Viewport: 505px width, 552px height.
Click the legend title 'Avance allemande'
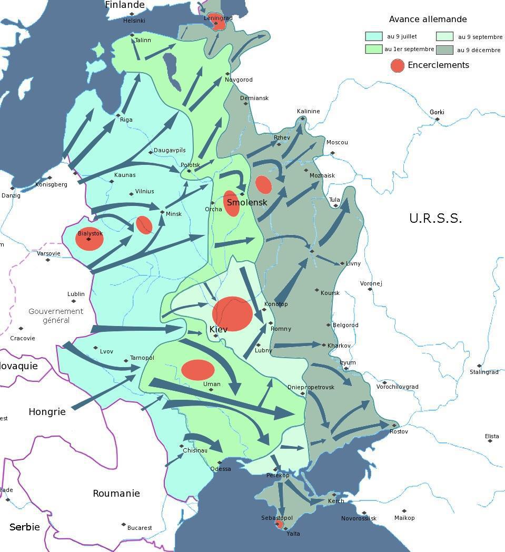pyautogui.click(x=428, y=19)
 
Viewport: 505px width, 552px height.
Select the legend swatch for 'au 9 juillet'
pyautogui.click(x=373, y=36)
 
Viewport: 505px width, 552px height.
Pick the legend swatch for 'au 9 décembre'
pyautogui.click(x=444, y=50)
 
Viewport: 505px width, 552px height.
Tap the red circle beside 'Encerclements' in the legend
pyautogui.click(x=397, y=65)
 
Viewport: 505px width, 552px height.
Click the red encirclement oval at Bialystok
pyautogui.click(x=89, y=239)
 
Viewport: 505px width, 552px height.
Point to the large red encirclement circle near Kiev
pyautogui.click(x=232, y=313)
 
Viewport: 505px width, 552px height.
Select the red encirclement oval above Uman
pyautogui.click(x=197, y=370)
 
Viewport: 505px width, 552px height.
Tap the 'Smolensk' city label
pyautogui.click(x=247, y=202)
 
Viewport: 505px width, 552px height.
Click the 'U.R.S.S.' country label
pyautogui.click(x=435, y=219)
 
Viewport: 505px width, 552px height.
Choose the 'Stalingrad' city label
pyautogui.click(x=484, y=372)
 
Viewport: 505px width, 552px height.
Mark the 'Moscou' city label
pyautogui.click(x=337, y=142)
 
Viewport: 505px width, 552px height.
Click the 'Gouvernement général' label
pyautogui.click(x=56, y=316)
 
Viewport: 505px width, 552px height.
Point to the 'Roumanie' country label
pyautogui.click(x=116, y=494)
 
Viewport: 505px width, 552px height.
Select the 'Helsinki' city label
pyautogui.click(x=134, y=21)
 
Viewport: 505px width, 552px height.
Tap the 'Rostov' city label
pyautogui.click(x=399, y=431)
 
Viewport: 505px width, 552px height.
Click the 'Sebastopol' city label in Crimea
pyautogui.click(x=276, y=518)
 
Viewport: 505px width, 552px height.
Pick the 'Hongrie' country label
pyautogui.click(x=47, y=412)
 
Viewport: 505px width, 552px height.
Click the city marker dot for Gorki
pyautogui.click(x=437, y=119)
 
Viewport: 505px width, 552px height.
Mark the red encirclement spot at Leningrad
pyautogui.click(x=221, y=23)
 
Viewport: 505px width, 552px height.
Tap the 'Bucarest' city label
pyautogui.click(x=139, y=527)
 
